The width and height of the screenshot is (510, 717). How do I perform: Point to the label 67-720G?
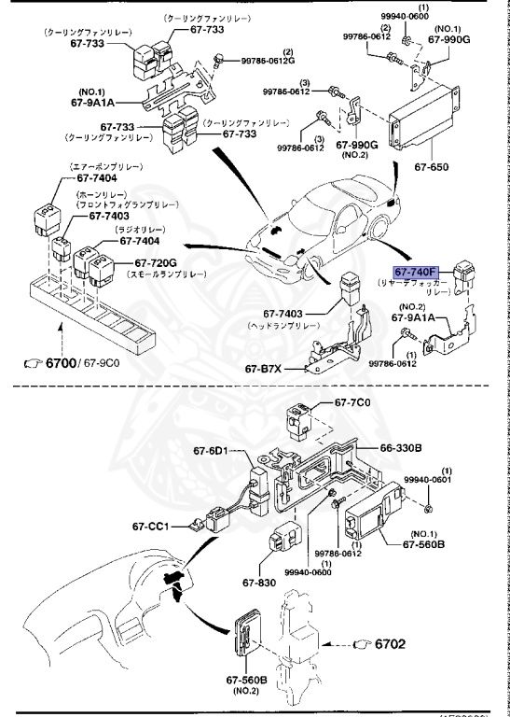pyautogui.click(x=156, y=263)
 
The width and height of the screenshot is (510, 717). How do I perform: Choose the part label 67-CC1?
pyautogui.click(x=151, y=526)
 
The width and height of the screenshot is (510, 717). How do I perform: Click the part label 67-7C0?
pyautogui.click(x=352, y=402)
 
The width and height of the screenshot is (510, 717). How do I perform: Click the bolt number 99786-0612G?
pyautogui.click(x=268, y=61)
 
